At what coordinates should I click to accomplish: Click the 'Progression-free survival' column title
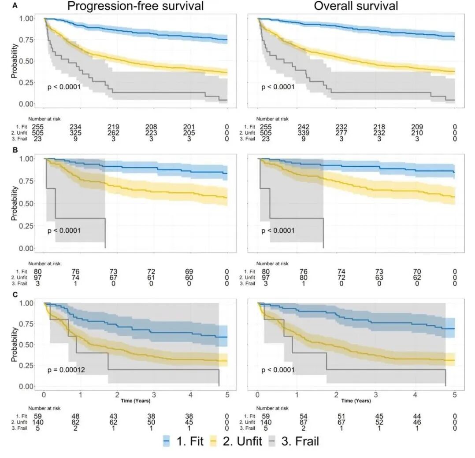(135, 6)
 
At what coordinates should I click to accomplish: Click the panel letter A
(4, 6)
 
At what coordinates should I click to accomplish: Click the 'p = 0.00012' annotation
(66, 370)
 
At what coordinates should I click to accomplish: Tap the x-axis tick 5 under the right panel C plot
(454, 395)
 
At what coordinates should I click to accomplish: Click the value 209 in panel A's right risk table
(415, 127)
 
